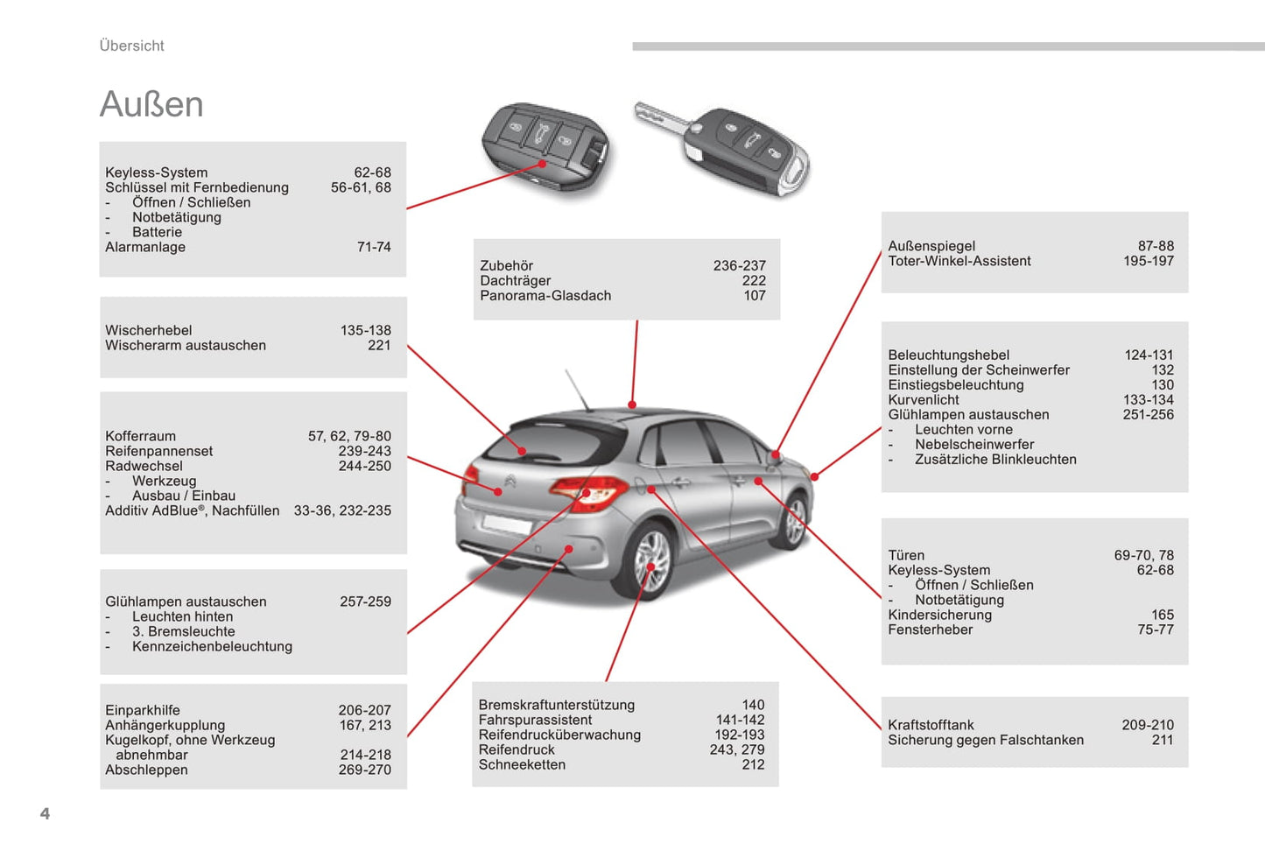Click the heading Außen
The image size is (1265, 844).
tap(151, 104)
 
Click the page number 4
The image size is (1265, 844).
tap(46, 813)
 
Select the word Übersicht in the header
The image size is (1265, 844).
tap(131, 46)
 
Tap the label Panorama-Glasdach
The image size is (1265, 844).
tap(545, 295)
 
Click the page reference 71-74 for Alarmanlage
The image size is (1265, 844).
tap(374, 247)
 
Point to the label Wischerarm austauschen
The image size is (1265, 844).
tap(186, 345)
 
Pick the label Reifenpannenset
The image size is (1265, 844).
tap(158, 451)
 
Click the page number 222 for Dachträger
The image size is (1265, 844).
tap(754, 280)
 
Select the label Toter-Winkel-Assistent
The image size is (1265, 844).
tap(959, 261)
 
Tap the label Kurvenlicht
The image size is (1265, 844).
tap(924, 399)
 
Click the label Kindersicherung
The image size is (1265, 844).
tap(939, 615)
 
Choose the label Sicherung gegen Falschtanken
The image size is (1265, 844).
tap(986, 740)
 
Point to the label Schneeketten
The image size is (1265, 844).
tap(522, 764)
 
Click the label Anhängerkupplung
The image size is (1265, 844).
tap(165, 725)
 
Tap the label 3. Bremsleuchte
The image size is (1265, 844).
tap(184, 631)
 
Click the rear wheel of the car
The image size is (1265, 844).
tap(651, 561)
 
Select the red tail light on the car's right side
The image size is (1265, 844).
tap(588, 492)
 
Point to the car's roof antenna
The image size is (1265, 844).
tap(577, 390)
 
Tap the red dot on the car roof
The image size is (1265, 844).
tap(632, 404)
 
